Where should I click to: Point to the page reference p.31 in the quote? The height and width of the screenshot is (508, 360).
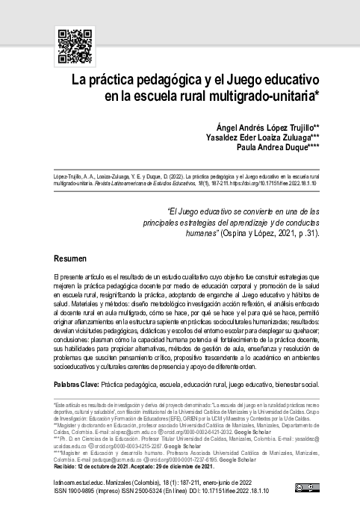297,232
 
